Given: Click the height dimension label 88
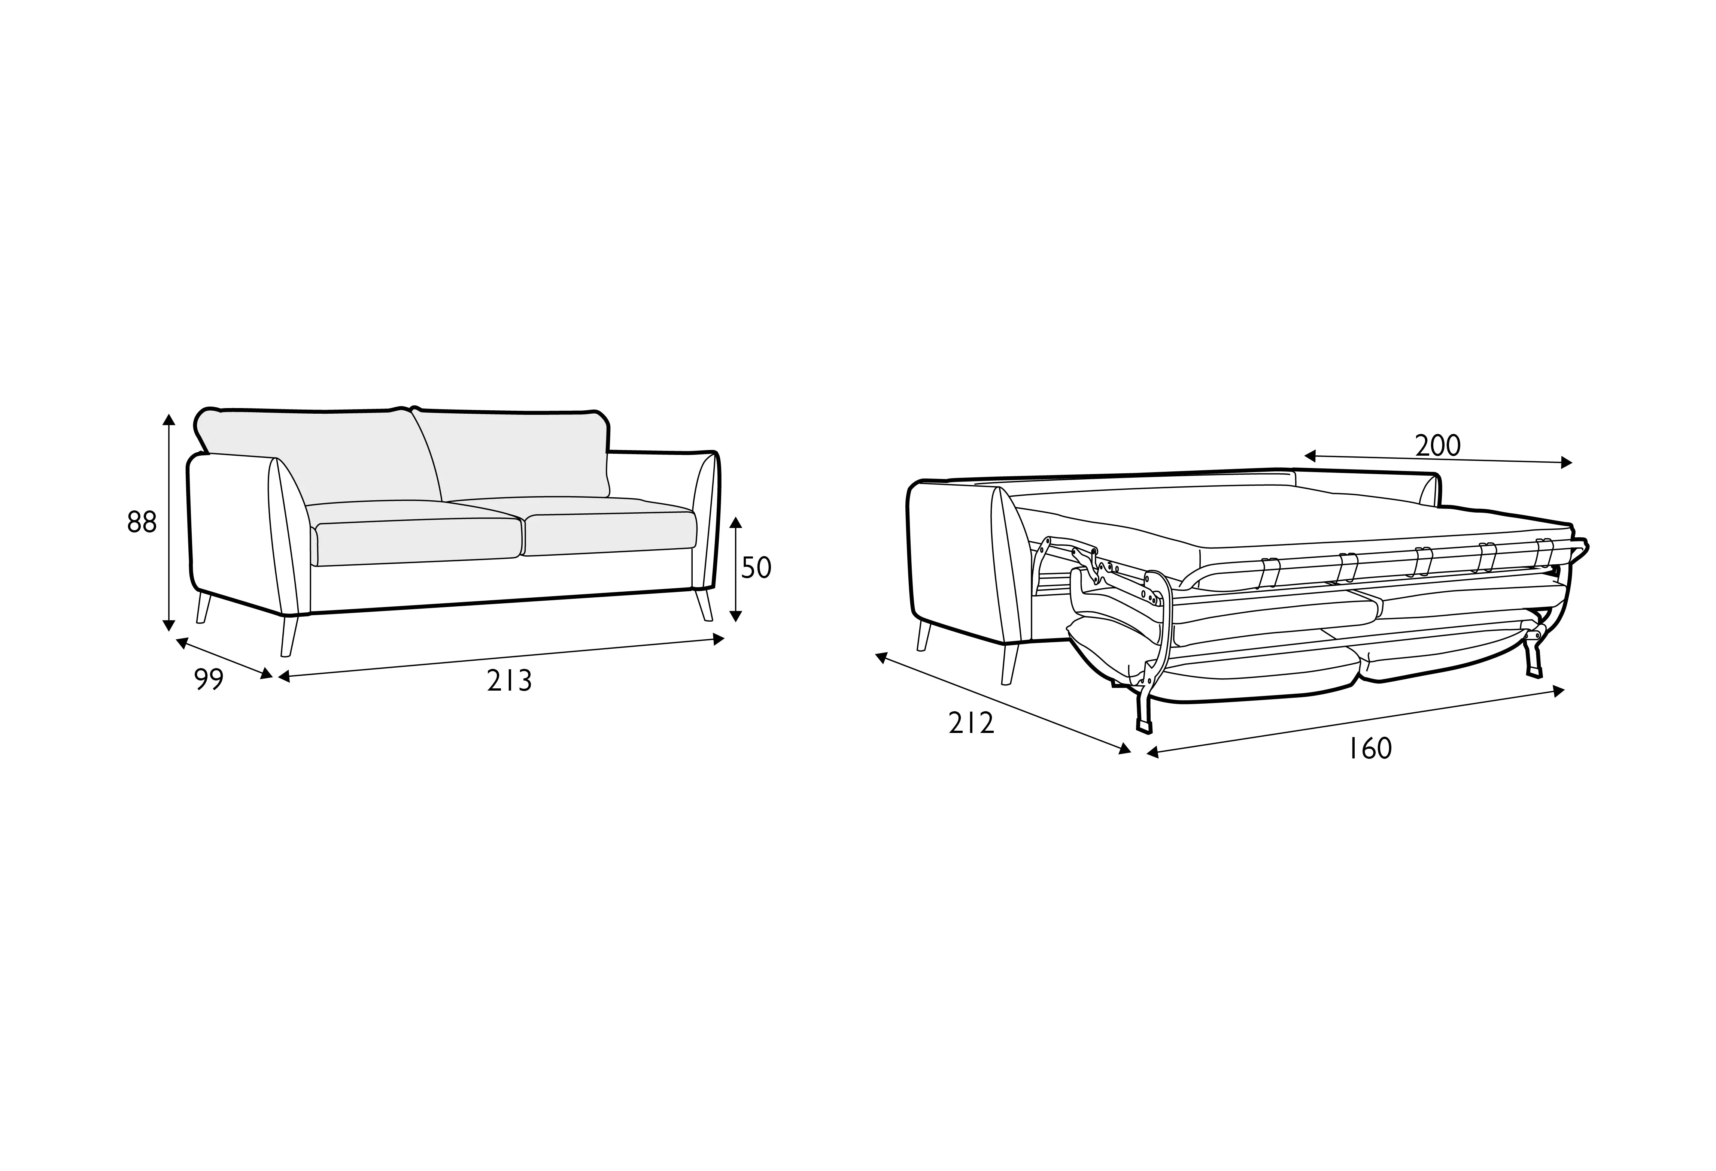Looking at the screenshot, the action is (142, 522).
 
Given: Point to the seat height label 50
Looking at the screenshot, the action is (756, 567).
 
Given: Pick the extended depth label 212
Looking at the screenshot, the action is (971, 723).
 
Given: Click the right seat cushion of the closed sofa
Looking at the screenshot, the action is (609, 532).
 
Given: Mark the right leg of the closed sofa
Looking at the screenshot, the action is (704, 604).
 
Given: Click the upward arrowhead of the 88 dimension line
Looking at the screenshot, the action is (169, 420).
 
